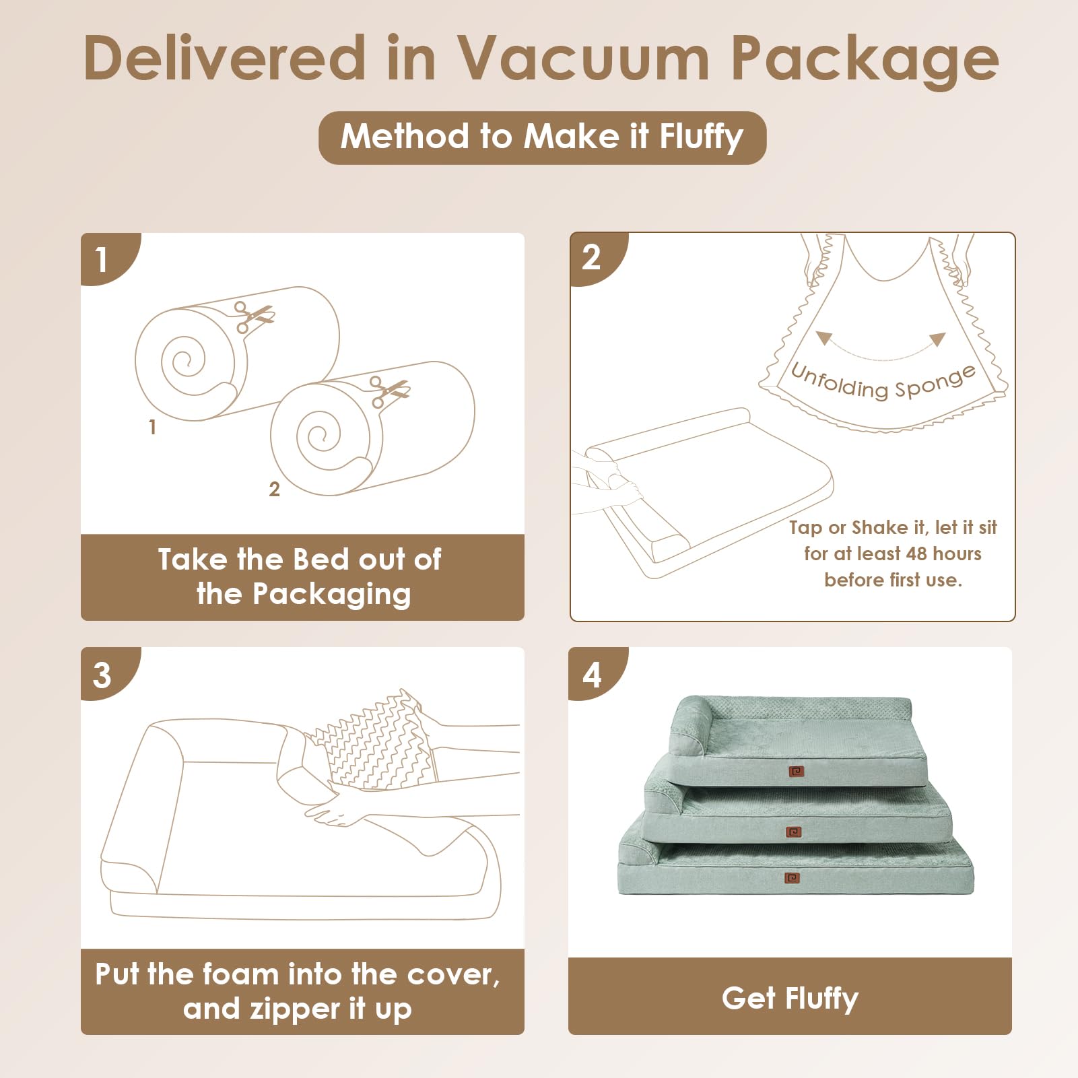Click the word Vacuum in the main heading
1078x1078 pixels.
583,59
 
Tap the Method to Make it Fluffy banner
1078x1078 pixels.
542,137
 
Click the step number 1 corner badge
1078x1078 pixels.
103,259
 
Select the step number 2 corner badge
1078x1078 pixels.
591,257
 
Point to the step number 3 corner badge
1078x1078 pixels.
102,675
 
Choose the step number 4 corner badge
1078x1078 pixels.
591,675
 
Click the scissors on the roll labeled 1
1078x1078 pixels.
252,316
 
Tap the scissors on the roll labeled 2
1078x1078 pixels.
389,391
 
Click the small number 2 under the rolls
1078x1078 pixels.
274,490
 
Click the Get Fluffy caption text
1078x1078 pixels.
790,998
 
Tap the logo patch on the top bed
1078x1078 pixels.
796,771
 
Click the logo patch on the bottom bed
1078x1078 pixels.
793,878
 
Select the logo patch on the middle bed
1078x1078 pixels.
794,832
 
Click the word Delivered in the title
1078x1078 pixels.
225,59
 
